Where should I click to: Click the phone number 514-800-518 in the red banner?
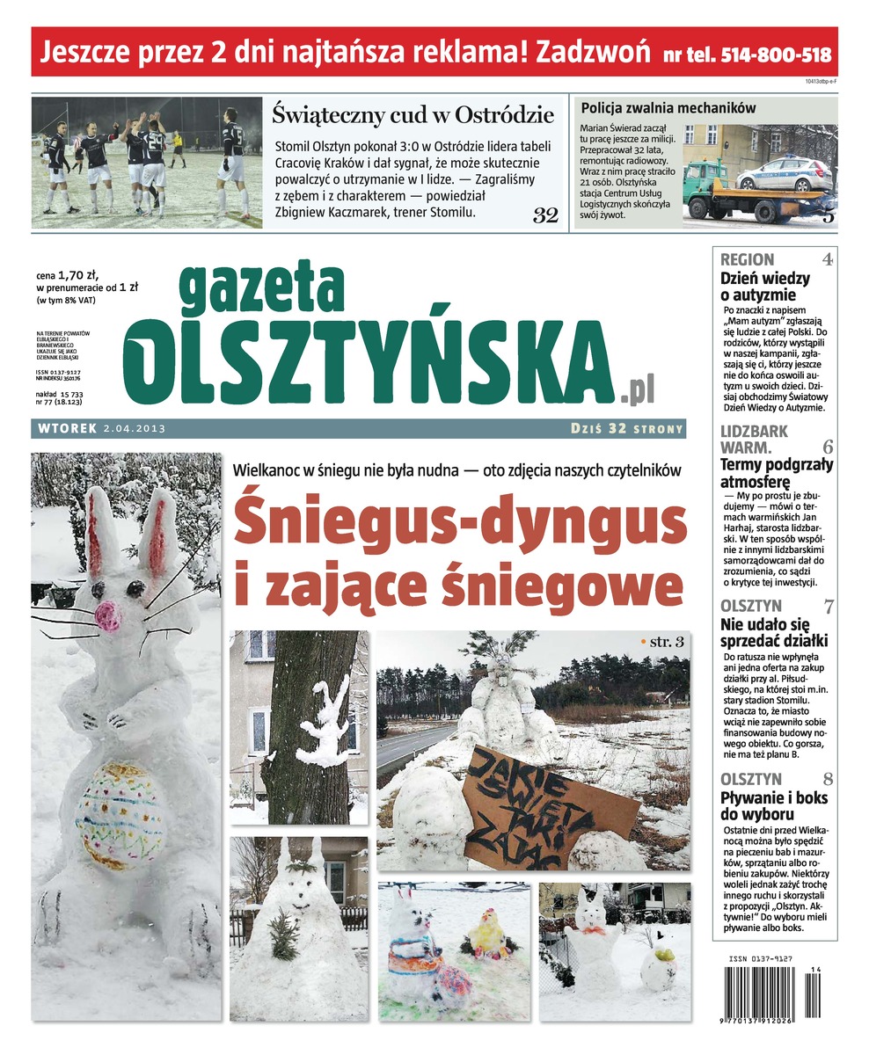(x=776, y=54)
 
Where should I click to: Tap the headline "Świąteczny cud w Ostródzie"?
(x=413, y=114)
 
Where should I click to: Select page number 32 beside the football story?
(x=545, y=215)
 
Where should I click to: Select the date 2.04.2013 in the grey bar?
(x=134, y=429)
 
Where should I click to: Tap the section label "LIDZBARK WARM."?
(x=755, y=440)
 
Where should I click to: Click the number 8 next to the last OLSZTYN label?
(x=828, y=779)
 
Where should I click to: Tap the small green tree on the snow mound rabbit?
(x=283, y=937)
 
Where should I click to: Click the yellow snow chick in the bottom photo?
(x=486, y=935)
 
